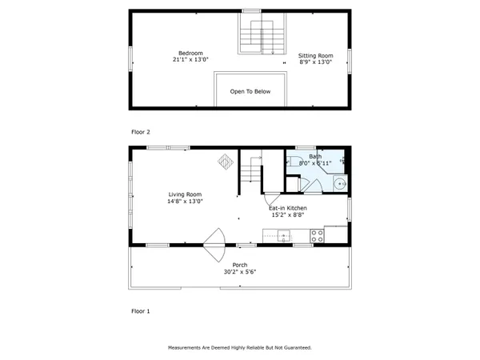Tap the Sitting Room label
pos(316,55)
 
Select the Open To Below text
pos(250,91)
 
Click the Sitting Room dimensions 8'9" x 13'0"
pos(316,62)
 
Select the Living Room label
pos(185,194)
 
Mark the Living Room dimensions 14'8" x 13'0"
pos(185,202)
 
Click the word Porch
pos(240,265)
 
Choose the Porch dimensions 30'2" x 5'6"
pos(240,272)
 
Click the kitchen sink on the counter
pos(282,234)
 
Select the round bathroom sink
pos(339,184)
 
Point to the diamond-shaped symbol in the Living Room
pos(226,161)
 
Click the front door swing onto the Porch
pos(214,243)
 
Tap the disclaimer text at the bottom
pos(240,348)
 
